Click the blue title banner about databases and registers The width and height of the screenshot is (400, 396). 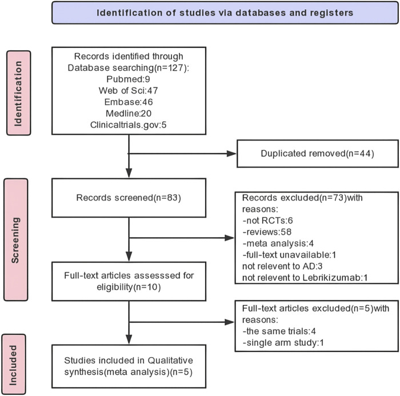coord(225,13)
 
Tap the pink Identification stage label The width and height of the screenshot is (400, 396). coord(19,93)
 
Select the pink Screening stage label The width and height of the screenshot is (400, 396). coord(16,239)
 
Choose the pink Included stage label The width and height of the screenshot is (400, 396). coord(14,364)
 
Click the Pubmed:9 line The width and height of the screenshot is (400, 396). coord(129,79)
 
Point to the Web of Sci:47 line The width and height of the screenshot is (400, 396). coord(129,91)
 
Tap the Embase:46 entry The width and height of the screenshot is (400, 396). coord(129,102)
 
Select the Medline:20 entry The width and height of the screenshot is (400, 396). coord(129,113)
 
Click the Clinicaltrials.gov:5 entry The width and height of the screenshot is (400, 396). coord(129,125)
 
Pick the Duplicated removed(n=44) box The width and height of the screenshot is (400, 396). coord(318,154)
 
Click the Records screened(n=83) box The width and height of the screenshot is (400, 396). coord(129,198)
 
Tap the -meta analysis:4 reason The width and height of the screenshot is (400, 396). coord(278,243)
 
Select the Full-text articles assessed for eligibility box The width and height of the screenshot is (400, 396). coord(129,282)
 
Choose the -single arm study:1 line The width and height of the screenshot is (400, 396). coord(283,343)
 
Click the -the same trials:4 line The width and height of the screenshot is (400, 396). coord(279,331)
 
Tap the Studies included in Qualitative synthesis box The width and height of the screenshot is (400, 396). coord(129,366)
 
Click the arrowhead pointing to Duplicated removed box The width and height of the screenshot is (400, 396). coord(231,154)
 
